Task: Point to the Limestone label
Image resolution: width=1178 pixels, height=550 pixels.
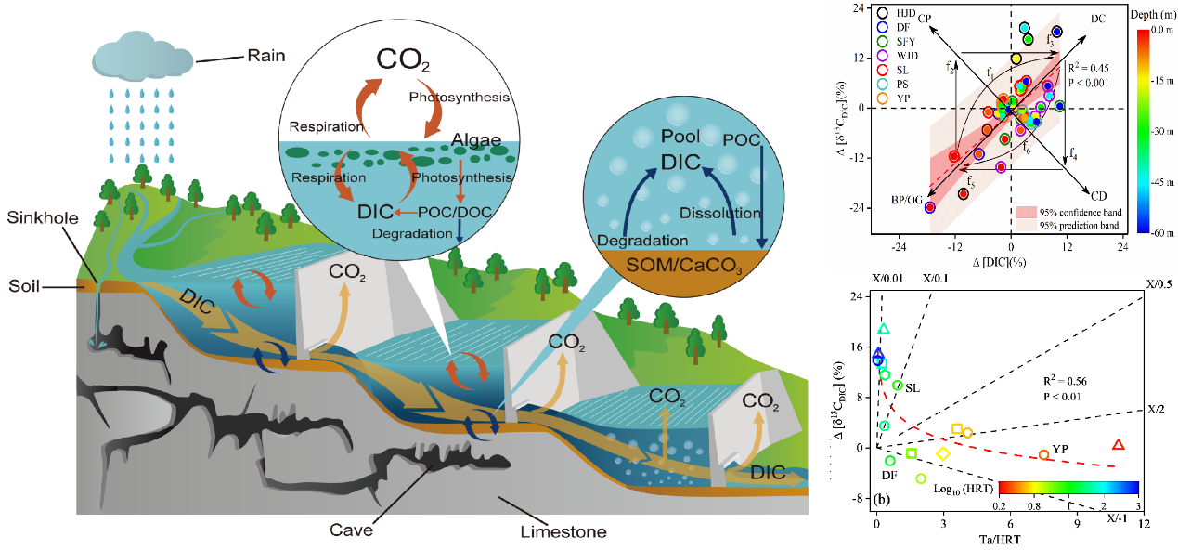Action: (564, 532)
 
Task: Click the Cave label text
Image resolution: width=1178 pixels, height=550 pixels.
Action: (352, 530)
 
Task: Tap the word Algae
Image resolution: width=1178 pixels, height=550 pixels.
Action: (477, 140)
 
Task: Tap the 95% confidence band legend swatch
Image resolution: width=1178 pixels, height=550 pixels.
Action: (1025, 212)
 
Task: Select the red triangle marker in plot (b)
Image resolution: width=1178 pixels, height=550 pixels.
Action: (1119, 445)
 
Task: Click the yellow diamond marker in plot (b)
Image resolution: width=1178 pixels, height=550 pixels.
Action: (943, 453)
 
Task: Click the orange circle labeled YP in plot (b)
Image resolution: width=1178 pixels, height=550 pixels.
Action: (1043, 454)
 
